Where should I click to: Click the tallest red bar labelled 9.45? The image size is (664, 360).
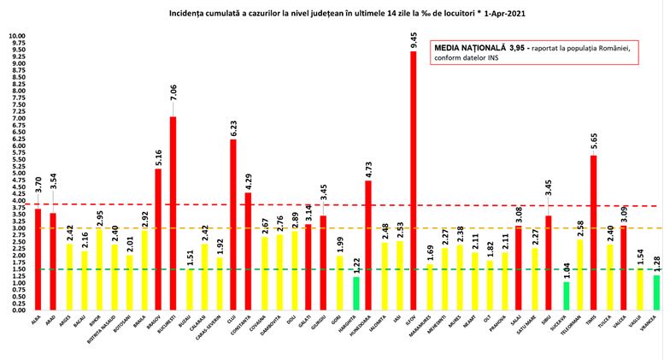pyautogui.click(x=414, y=180)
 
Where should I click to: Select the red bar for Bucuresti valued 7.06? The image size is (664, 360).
pyautogui.click(x=173, y=213)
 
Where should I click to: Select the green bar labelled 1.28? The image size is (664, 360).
pyautogui.click(x=656, y=292)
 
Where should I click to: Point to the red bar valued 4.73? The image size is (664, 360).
pyautogui.click(x=368, y=245)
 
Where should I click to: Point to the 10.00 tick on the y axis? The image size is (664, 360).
pyautogui.click(x=17, y=37)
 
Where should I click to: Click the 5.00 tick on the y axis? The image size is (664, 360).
pyautogui.click(x=17, y=174)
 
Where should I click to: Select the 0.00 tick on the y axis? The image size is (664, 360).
pyautogui.click(x=17, y=310)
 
